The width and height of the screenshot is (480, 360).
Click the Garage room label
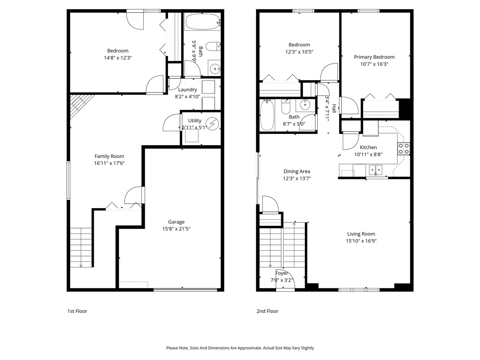click(176, 222)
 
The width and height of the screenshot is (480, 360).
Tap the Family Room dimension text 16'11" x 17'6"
click(109, 163)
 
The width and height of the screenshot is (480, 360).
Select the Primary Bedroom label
click(374, 57)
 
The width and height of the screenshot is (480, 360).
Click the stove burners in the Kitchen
click(403, 149)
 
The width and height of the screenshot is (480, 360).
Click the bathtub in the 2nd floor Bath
click(267, 115)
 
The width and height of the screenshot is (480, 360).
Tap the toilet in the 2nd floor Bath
click(286, 107)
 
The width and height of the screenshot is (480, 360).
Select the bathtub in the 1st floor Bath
click(202, 22)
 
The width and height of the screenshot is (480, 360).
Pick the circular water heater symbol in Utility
click(213, 123)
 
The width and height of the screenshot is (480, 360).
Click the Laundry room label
click(187, 90)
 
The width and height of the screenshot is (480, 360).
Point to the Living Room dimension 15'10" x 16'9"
click(361, 241)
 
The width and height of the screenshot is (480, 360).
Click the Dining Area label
click(297, 171)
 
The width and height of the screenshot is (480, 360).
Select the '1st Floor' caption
click(77, 311)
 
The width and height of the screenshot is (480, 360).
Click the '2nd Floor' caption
click(267, 311)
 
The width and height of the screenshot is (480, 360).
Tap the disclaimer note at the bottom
click(240, 348)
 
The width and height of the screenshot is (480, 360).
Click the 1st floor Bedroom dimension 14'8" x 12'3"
click(118, 58)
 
